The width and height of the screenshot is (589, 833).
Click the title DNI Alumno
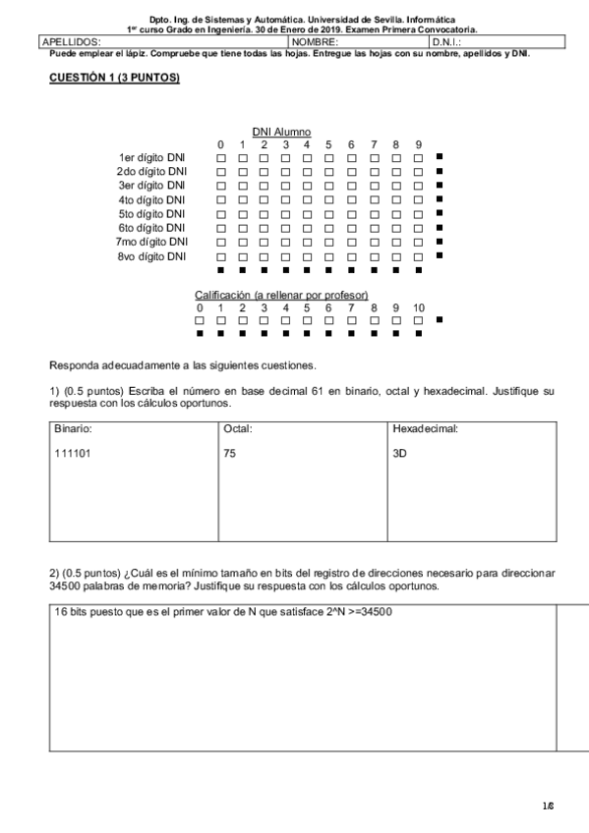pyautogui.click(x=281, y=132)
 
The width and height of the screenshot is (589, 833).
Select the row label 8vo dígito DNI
pyautogui.click(x=150, y=256)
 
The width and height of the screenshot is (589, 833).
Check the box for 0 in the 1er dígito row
pyautogui.click(x=221, y=157)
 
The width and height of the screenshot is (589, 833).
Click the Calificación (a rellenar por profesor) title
pyautogui.click(x=281, y=295)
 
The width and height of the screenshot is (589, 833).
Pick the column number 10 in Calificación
pyautogui.click(x=419, y=307)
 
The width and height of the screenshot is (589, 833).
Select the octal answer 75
pyautogui.click(x=230, y=455)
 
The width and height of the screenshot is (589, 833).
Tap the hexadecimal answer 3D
pyautogui.click(x=399, y=455)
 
